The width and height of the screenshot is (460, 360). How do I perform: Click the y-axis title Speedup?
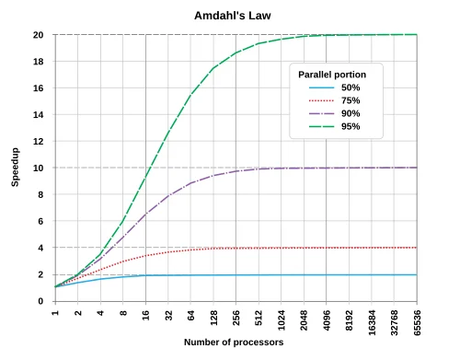point(15,168)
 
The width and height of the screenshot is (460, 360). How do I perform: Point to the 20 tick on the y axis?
point(39,35)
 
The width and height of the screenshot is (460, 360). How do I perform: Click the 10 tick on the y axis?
point(39,168)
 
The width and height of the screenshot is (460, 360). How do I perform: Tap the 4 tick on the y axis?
point(41,249)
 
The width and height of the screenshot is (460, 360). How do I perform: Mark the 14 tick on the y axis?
point(39,115)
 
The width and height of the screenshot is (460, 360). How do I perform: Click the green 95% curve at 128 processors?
point(214,67)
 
